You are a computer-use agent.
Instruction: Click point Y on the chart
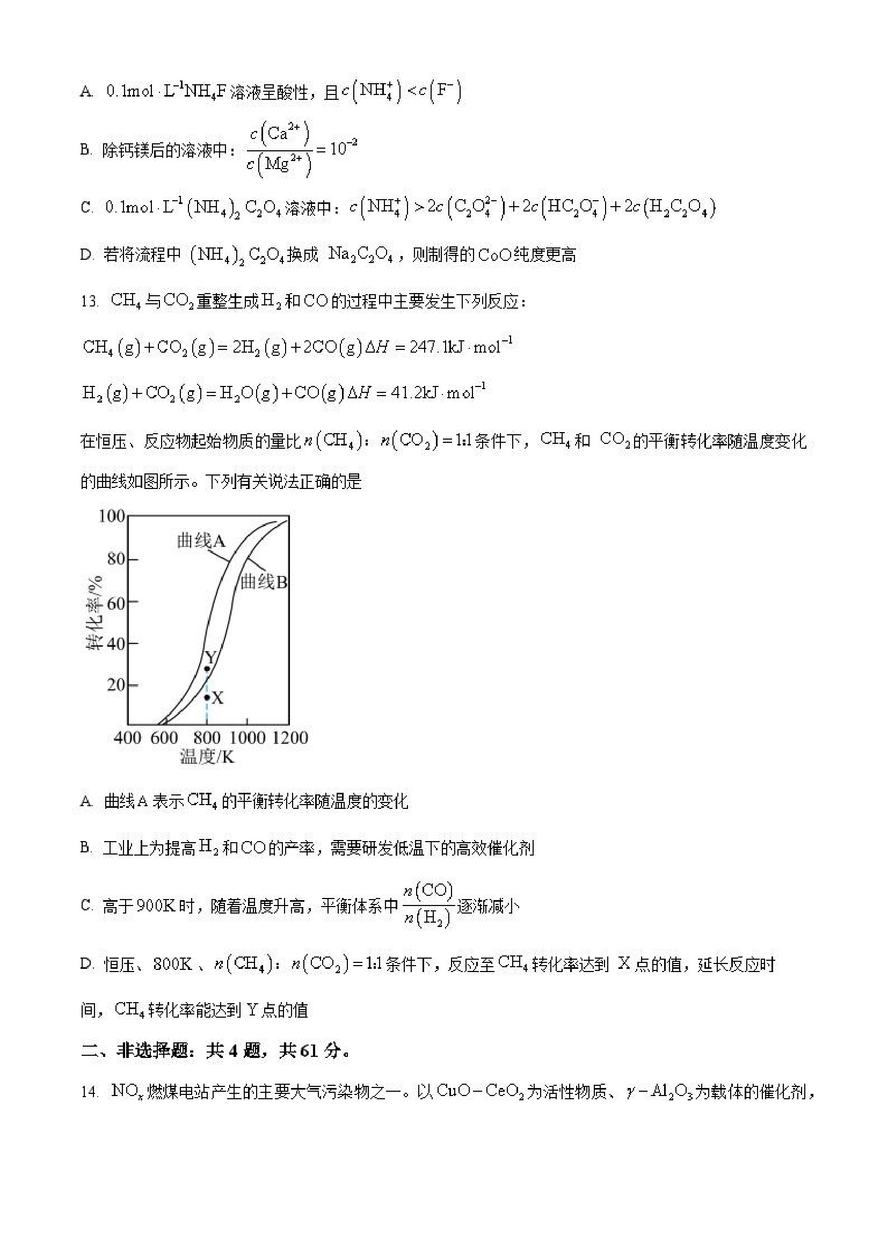point(207,668)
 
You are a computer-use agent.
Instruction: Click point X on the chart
point(207,697)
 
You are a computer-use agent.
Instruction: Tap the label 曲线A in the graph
point(201,541)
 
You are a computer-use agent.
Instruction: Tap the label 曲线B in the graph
point(264,582)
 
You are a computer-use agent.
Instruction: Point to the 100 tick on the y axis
point(112,516)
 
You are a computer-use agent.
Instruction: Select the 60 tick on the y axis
point(115,603)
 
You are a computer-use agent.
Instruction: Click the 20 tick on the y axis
point(115,685)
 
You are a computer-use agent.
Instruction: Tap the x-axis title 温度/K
point(207,757)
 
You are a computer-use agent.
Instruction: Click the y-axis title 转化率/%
point(94,612)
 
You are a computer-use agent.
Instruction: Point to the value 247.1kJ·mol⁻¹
point(460,347)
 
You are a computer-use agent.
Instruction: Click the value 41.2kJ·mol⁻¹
point(438,392)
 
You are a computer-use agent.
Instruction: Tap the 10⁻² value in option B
point(343,148)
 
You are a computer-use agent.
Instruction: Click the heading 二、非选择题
point(144,1050)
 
